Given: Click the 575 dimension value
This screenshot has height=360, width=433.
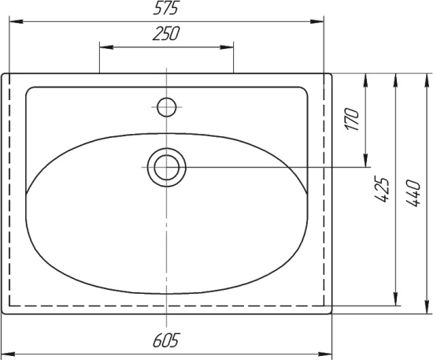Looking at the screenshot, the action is click(166, 8).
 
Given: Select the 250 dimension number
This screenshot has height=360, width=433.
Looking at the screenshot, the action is click(166, 33).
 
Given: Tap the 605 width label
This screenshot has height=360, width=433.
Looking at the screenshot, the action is click(166, 340).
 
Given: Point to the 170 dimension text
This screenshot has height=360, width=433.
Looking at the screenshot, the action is click(352, 119).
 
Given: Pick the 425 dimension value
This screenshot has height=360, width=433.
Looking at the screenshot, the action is click(382, 189).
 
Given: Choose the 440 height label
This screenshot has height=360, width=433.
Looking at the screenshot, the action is click(413, 193).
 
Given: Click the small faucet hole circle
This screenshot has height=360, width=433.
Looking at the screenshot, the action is click(167, 107).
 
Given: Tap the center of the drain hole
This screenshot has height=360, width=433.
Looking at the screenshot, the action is click(167, 168).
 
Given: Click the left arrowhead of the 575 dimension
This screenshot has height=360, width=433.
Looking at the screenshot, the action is click(16, 21).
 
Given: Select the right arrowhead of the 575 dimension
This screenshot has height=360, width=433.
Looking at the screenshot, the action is click(316, 21).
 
